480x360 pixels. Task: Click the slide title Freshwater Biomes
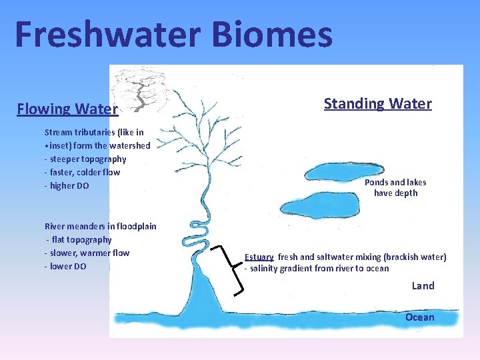click(173, 35)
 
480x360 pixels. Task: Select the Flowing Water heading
click(67, 109)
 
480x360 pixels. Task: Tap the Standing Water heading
click(377, 103)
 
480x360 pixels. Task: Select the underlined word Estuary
click(259, 257)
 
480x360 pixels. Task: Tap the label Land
click(423, 285)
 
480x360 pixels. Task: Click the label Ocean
click(419, 317)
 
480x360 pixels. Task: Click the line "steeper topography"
click(85, 159)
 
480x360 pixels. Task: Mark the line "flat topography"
click(79, 240)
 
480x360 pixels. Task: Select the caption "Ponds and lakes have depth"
click(395, 187)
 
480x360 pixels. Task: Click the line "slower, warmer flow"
click(87, 253)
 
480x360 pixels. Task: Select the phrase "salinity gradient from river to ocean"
click(319, 269)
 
